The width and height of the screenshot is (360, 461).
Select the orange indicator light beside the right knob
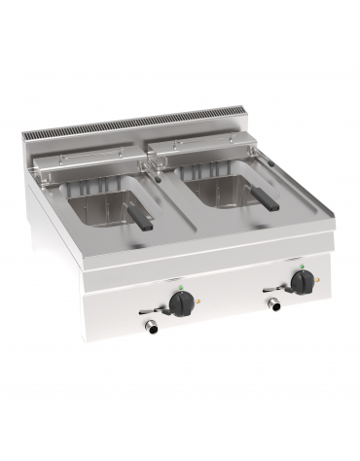[316, 280]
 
